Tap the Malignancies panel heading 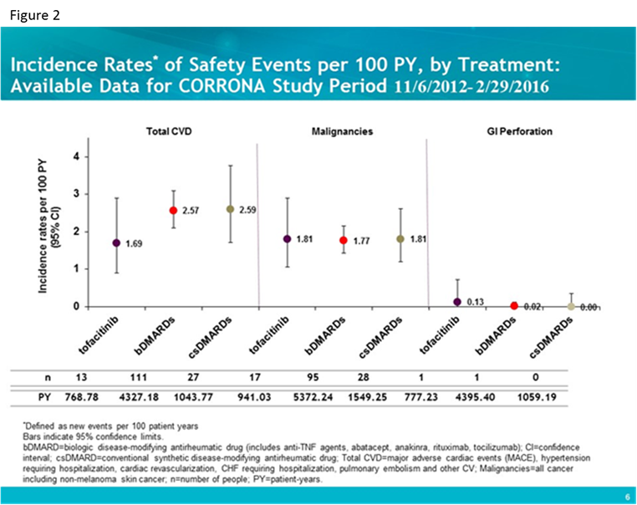pyautogui.click(x=342, y=132)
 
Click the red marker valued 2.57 pyautogui.click(x=173, y=211)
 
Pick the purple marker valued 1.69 pyautogui.click(x=116, y=242)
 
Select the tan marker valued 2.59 pyautogui.click(x=230, y=209)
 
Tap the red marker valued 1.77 pyautogui.click(x=343, y=240)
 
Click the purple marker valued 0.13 pyautogui.click(x=457, y=302)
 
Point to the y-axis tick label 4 pyautogui.click(x=76, y=156)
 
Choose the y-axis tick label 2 pyautogui.click(x=76, y=232)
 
